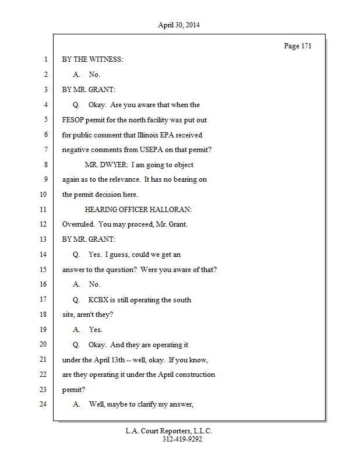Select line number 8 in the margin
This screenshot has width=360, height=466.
(x=45, y=165)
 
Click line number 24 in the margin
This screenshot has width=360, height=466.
(x=43, y=404)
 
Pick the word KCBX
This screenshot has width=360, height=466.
(x=100, y=299)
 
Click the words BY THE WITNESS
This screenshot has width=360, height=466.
(x=93, y=60)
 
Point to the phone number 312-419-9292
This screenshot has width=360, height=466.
(x=182, y=440)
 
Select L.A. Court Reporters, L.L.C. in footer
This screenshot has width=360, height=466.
(x=169, y=431)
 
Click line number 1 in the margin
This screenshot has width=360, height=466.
(x=45, y=60)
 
